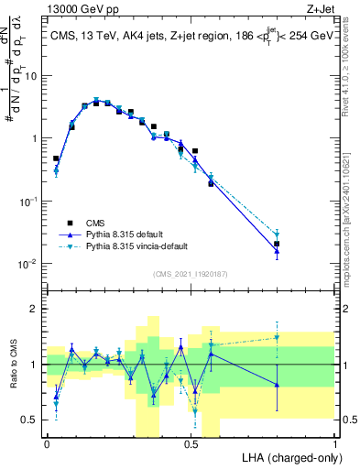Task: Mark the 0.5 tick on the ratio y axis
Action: (31, 420)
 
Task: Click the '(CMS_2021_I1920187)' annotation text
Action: (190, 273)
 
